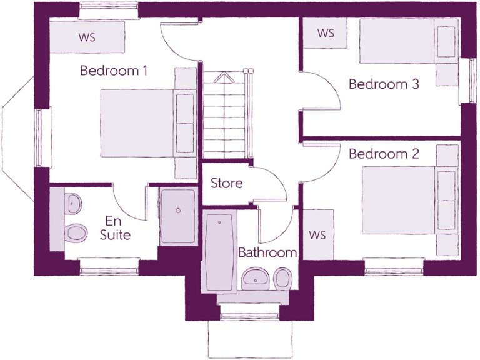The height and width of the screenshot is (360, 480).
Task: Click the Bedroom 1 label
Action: click(114, 71)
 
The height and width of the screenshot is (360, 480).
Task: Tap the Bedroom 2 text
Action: click(384, 154)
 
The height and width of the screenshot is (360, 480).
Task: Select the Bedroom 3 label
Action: click(384, 84)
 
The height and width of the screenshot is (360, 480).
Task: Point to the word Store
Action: click(226, 184)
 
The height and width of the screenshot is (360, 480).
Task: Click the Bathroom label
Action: click(267, 253)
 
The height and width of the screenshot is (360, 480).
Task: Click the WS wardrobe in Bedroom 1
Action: click(87, 37)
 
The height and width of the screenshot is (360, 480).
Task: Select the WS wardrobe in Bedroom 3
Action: click(326, 33)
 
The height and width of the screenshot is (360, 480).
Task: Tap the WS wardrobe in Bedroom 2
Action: click(318, 235)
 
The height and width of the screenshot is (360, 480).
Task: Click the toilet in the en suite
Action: click(76, 233)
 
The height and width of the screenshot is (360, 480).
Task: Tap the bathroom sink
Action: click(255, 277)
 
